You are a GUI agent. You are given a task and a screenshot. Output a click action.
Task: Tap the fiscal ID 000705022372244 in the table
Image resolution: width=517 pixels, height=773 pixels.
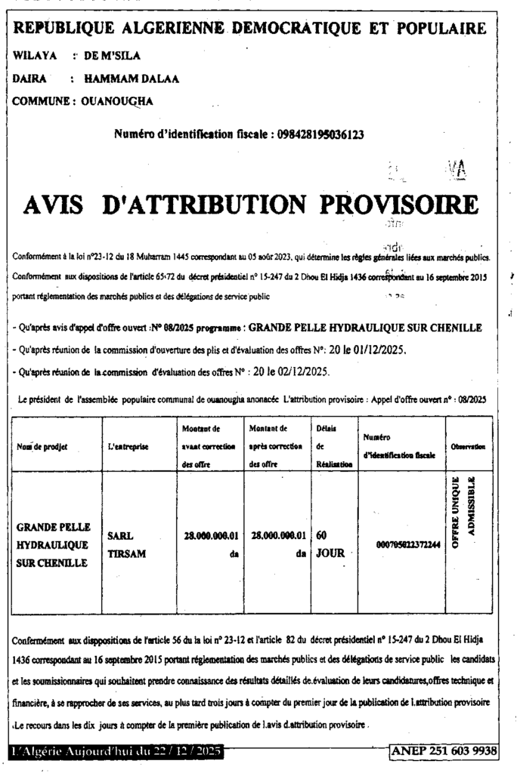coord(403,544)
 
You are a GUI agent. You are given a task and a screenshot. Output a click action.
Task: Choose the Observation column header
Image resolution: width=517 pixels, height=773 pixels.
coord(468,447)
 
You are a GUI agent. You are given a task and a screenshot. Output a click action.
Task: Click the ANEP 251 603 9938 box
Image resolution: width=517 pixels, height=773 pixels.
coord(444,750)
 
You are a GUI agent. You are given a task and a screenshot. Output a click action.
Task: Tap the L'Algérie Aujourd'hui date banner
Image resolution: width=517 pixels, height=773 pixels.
coord(117,751)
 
